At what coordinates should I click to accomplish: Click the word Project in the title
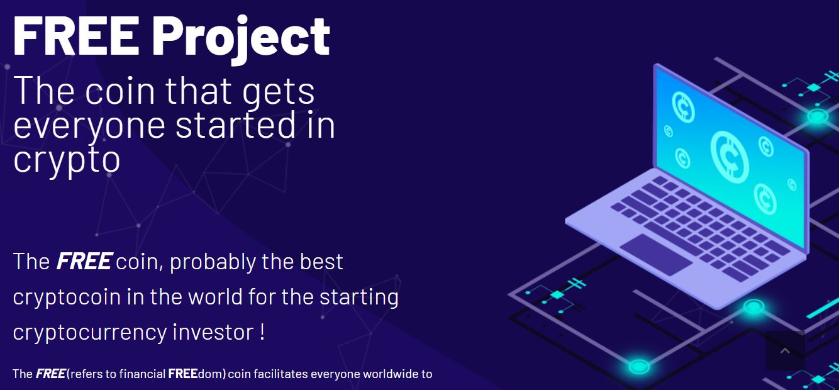[241, 39]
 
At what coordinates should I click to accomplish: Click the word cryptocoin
[67, 298]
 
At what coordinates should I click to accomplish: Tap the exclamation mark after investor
[262, 331]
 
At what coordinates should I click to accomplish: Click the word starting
[359, 298]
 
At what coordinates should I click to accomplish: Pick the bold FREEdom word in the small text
[197, 374]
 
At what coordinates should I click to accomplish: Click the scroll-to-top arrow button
[785, 350]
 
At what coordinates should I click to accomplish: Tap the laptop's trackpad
[655, 254]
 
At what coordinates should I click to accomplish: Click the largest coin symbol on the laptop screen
[730, 157]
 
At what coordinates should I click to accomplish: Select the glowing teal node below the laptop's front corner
[753, 307]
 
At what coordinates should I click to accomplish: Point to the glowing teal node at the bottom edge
[638, 366]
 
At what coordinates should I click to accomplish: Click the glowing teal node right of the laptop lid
[817, 116]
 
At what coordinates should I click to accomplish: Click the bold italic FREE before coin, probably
[84, 261]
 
